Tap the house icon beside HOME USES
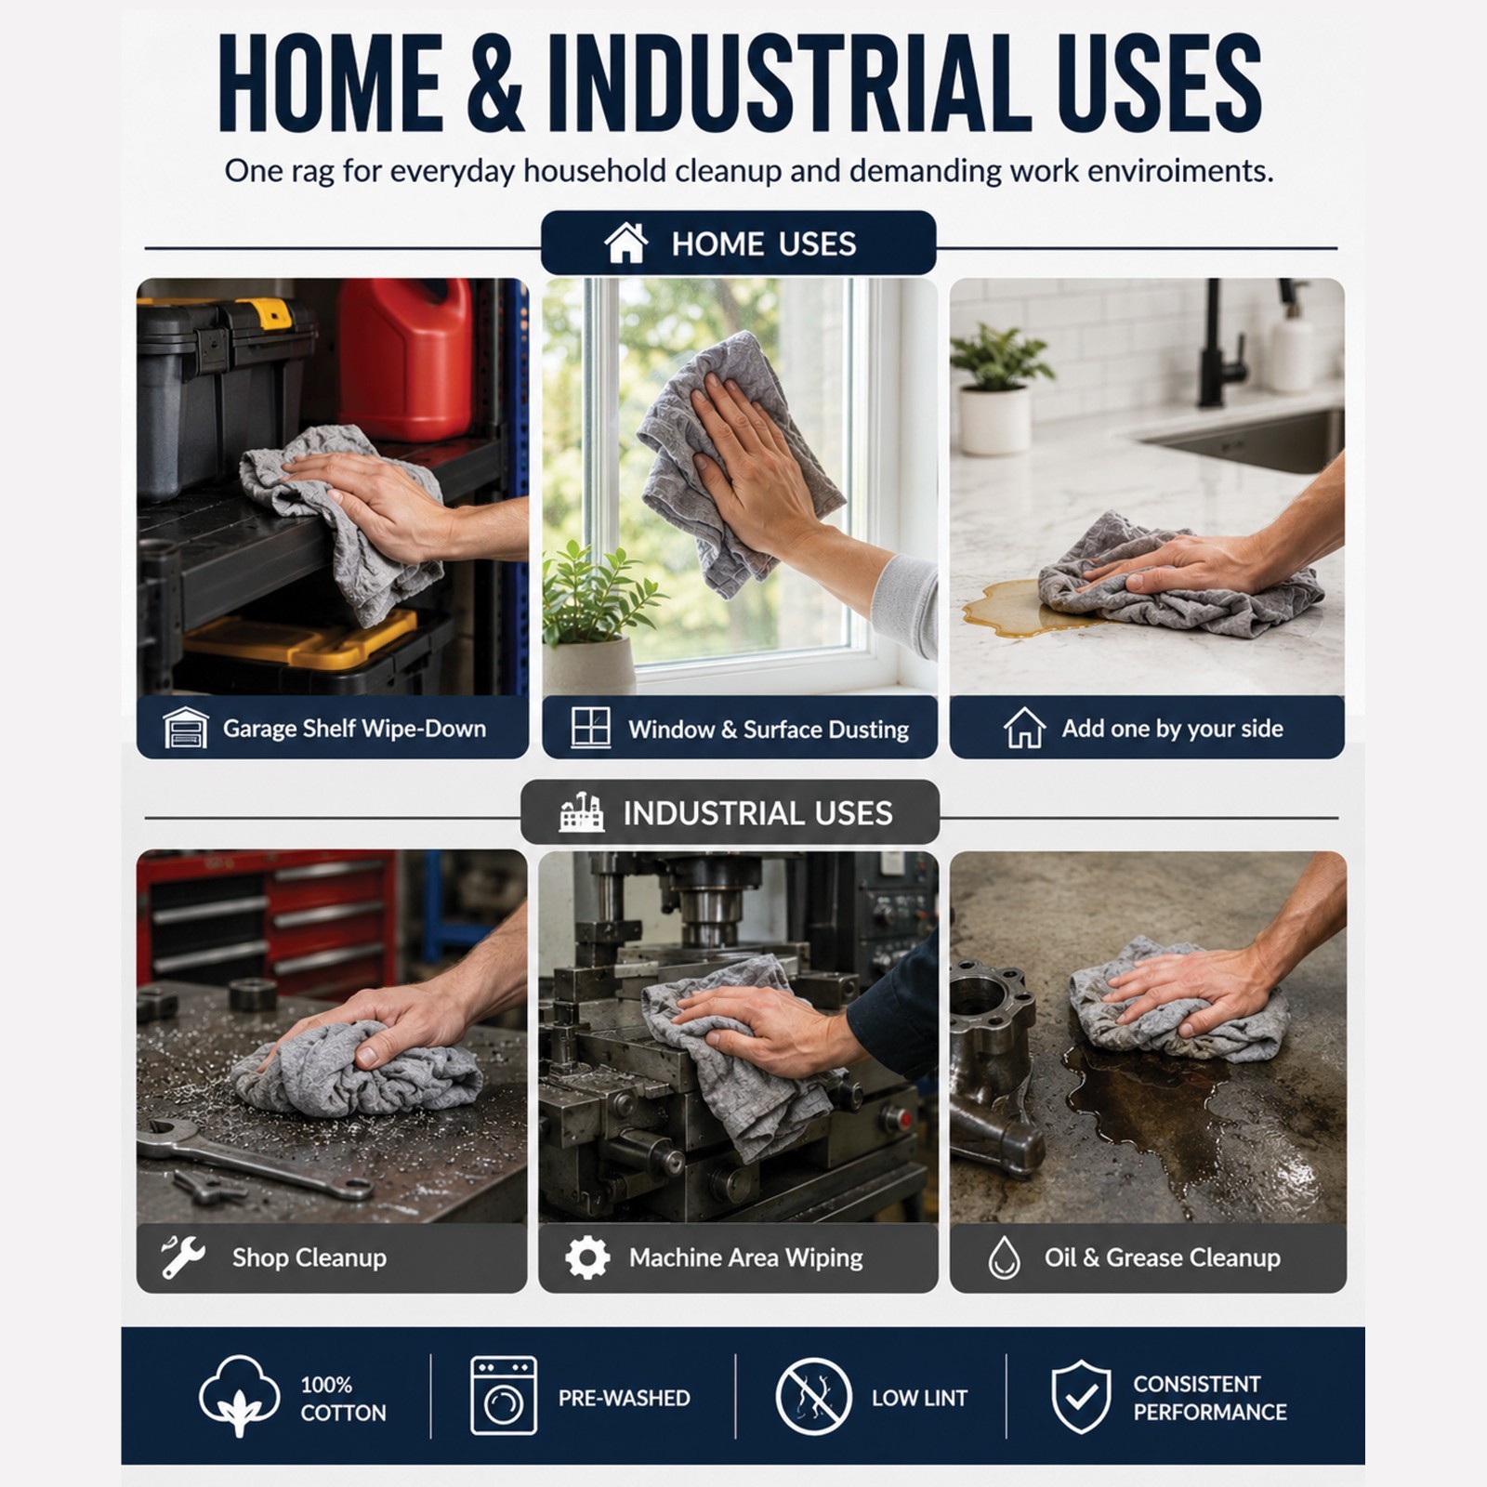(625, 243)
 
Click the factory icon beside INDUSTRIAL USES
(581, 812)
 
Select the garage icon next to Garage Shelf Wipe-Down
(185, 728)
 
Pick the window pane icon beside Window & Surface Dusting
(591, 728)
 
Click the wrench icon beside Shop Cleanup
(182, 1257)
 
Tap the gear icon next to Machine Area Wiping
(587, 1257)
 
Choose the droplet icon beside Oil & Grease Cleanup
(1004, 1257)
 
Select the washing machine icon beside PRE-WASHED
(503, 1396)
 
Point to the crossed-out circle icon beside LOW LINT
(813, 1396)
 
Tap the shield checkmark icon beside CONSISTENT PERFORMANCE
(1080, 1397)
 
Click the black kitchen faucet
(1219, 344)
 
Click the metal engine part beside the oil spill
(994, 1059)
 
